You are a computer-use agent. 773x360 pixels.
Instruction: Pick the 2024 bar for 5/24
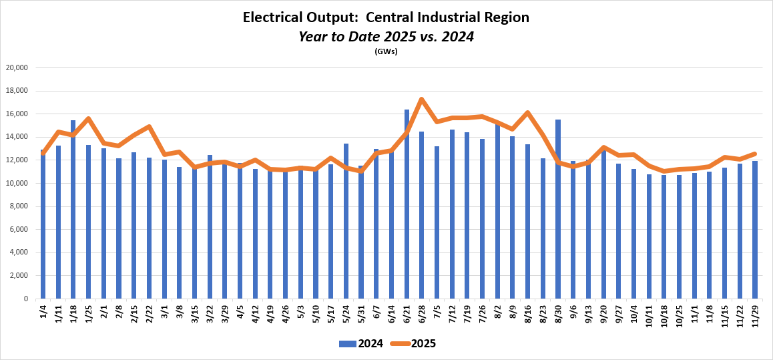[x=346, y=220]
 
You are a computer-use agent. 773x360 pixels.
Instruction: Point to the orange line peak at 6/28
[x=422, y=100]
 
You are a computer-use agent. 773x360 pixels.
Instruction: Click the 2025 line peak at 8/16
[x=528, y=112]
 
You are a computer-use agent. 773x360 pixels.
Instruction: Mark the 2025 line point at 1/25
[x=89, y=119]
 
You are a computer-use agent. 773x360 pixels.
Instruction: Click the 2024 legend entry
[x=361, y=344]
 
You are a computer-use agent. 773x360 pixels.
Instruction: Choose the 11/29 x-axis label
[x=756, y=315]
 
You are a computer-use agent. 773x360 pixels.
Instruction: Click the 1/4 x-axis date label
[x=44, y=311]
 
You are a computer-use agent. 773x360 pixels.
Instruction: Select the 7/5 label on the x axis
[x=437, y=311]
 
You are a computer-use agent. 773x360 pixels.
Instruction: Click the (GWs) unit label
[x=386, y=51]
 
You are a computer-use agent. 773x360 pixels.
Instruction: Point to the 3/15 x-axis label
[x=195, y=313]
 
